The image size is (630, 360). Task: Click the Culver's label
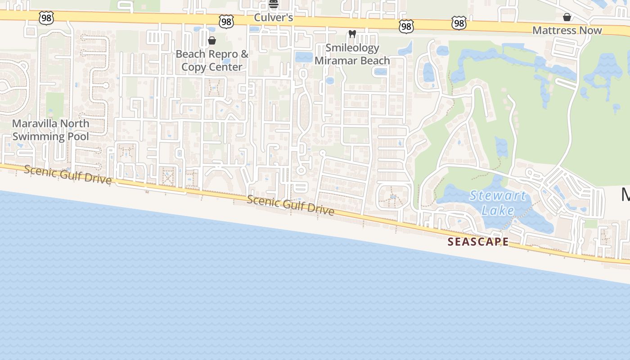(x=274, y=18)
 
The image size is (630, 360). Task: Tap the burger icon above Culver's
(x=274, y=4)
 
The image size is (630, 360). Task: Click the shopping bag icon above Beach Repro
(x=212, y=40)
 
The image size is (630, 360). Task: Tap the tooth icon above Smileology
(x=352, y=34)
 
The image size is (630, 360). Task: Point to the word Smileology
(x=352, y=48)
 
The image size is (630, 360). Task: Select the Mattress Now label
(x=567, y=30)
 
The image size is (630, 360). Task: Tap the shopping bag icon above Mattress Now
(x=567, y=17)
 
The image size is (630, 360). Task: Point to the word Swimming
(x=39, y=136)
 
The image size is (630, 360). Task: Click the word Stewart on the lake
(x=498, y=196)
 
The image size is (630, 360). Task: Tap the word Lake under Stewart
(x=498, y=210)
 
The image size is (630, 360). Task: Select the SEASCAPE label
(x=478, y=242)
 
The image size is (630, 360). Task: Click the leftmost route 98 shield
(x=46, y=18)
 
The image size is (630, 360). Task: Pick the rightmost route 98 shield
(x=459, y=23)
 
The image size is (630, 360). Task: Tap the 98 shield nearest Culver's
(x=226, y=21)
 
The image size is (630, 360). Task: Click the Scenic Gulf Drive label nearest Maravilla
(x=67, y=174)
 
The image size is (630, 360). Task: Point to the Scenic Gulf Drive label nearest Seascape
(x=290, y=205)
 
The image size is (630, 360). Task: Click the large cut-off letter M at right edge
(x=625, y=195)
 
